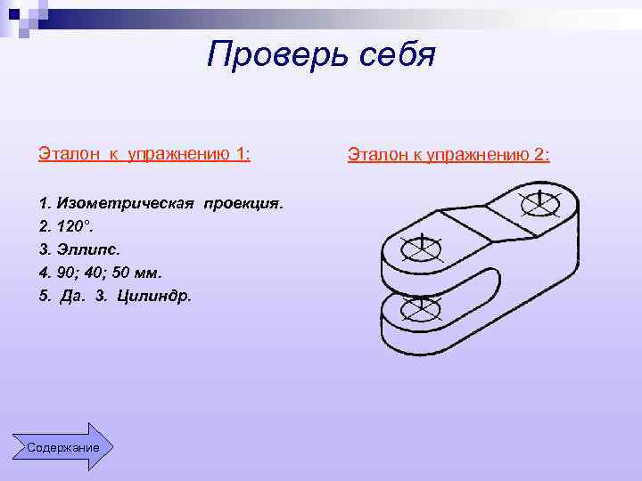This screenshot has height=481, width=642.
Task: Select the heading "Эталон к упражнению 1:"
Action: pyautogui.click(x=144, y=154)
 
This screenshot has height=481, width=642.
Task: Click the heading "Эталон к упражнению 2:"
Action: pyautogui.click(x=449, y=156)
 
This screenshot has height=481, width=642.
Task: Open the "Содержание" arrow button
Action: pyautogui.click(x=63, y=446)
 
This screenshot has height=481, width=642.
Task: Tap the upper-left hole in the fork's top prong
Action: pyautogui.click(x=421, y=248)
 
